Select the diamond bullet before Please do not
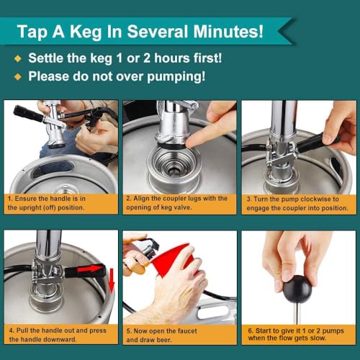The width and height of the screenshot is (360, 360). pyautogui.click(x=17, y=75)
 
